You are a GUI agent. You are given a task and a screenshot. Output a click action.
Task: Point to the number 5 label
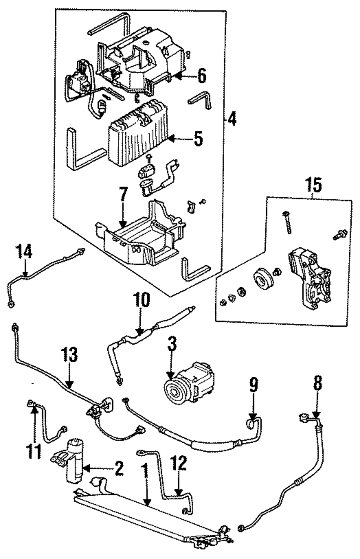pyautogui.click(x=198, y=139)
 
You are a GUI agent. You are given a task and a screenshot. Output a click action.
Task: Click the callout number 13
pyautogui.click(x=69, y=355)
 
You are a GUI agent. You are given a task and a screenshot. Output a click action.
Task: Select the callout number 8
pyautogui.click(x=318, y=384)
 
